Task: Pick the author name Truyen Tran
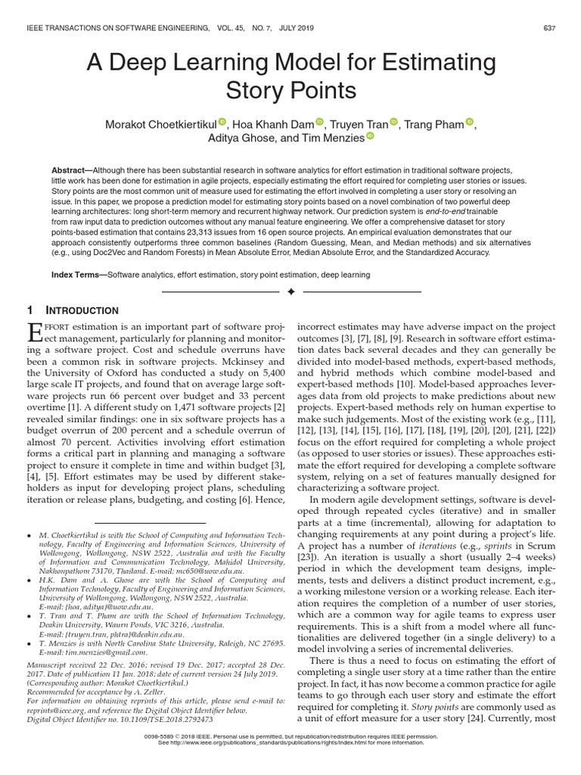click(x=358, y=123)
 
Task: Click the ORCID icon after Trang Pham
click(x=470, y=121)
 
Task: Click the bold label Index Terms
click(x=77, y=275)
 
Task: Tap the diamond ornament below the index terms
click(x=290, y=291)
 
